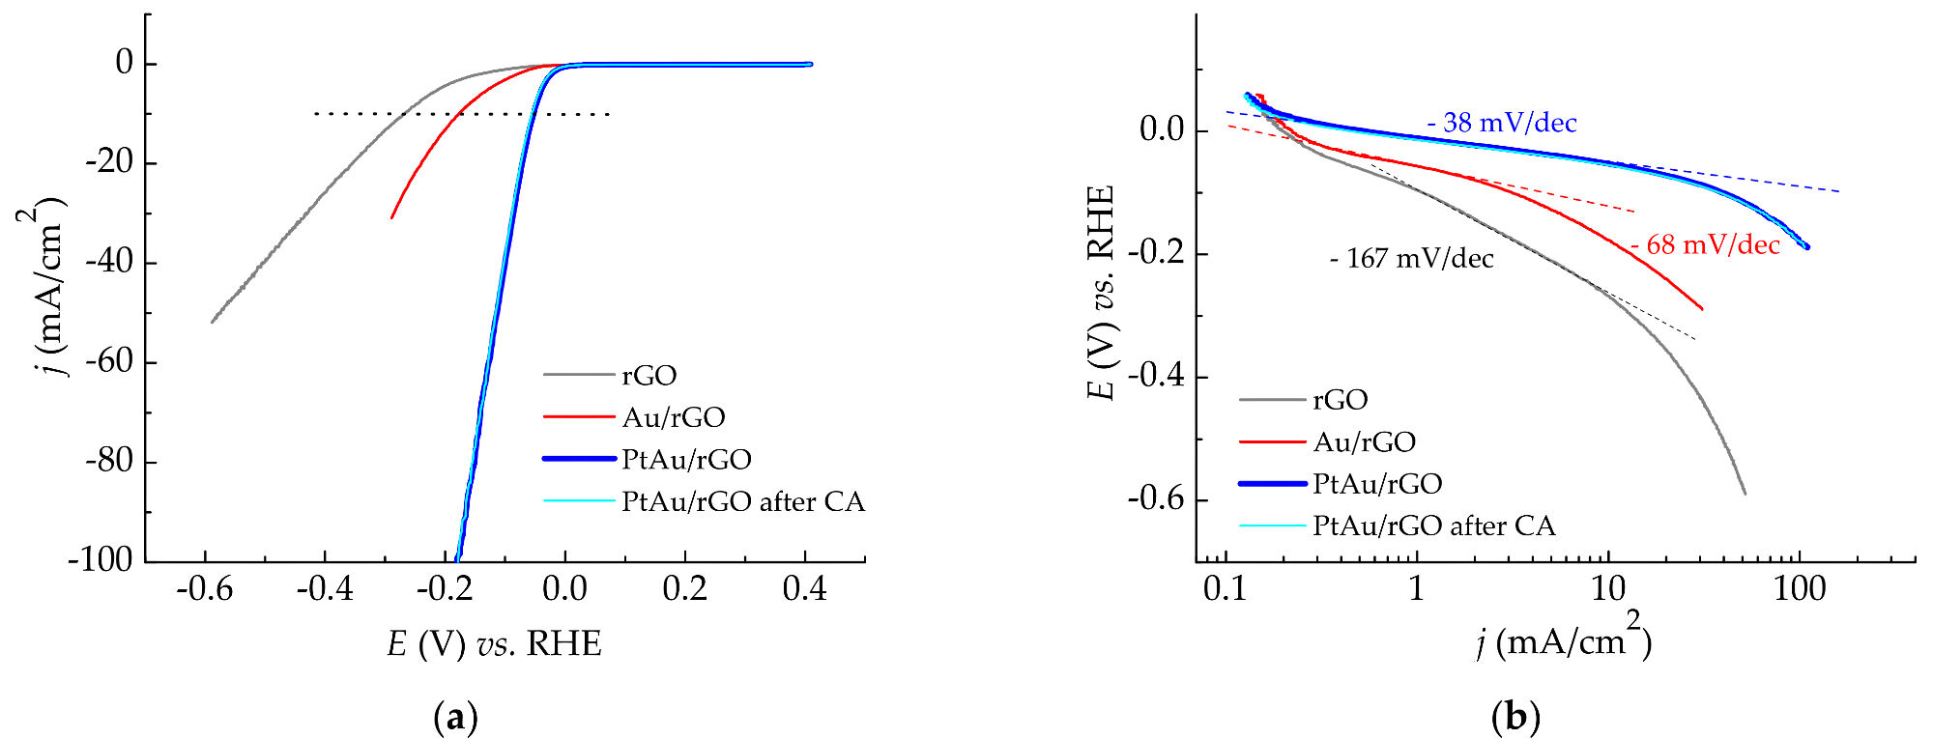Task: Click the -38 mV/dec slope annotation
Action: tap(1502, 124)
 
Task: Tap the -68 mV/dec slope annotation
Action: tap(1706, 245)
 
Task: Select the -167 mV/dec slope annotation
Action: tap(1412, 259)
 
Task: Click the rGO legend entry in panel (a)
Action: tap(649, 375)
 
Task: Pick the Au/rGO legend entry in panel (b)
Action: tap(1364, 442)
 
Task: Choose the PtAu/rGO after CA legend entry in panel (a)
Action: tap(742, 501)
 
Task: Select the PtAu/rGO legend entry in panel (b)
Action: tap(1377, 484)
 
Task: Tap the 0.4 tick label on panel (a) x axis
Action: tap(805, 588)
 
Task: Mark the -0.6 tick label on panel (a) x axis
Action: tap(204, 588)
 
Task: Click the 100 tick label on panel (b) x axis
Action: tap(1799, 588)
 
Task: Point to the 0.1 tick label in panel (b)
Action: tap(1226, 588)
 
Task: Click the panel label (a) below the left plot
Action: tap(455, 718)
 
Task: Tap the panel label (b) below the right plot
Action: tap(1516, 718)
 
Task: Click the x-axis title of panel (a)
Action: tap(494, 643)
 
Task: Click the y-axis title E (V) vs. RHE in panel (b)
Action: tap(1101, 292)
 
